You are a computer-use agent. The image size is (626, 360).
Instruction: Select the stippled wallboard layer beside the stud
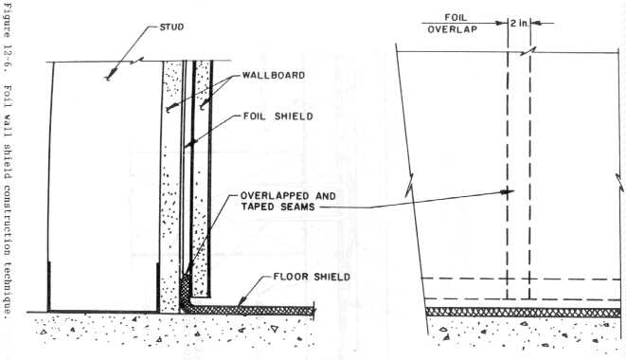point(169,189)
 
